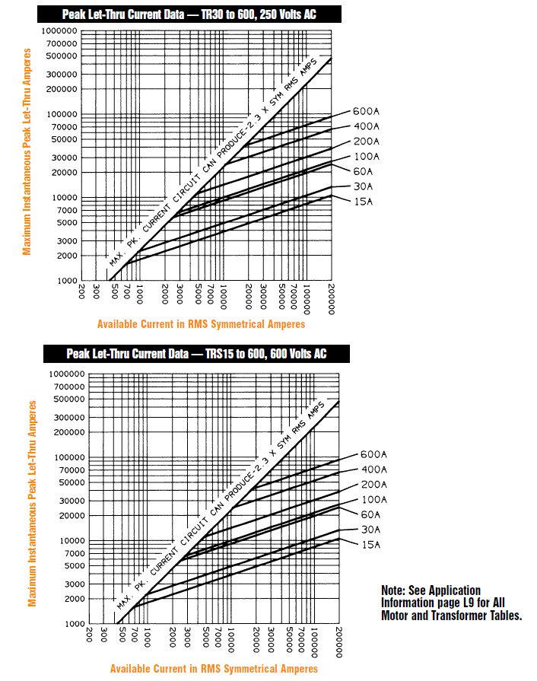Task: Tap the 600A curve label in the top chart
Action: click(366, 111)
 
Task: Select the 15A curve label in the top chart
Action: click(364, 202)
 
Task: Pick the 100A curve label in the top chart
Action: click(366, 157)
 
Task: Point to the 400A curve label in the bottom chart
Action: click(373, 469)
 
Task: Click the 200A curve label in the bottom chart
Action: click(373, 485)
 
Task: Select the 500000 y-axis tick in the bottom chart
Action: click(67, 399)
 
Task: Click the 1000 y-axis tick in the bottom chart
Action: click(72, 624)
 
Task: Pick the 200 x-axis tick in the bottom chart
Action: click(89, 635)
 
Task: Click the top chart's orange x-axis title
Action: click(201, 324)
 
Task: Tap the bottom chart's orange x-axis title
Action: click(214, 669)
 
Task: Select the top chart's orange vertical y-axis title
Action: click(27, 152)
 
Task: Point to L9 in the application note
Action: click(456, 603)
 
